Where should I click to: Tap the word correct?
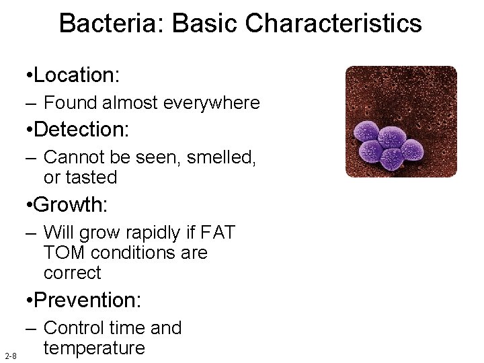72,272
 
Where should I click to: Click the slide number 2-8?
10,354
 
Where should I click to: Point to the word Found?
71,103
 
